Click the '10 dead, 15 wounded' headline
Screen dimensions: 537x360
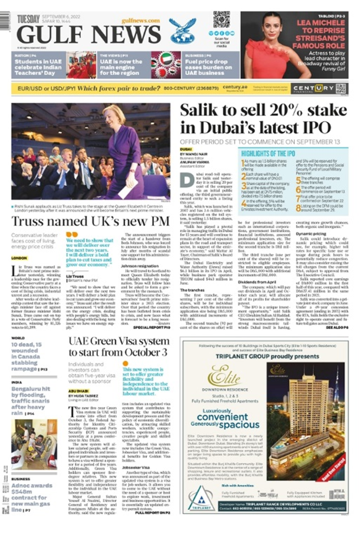(x=32, y=356)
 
